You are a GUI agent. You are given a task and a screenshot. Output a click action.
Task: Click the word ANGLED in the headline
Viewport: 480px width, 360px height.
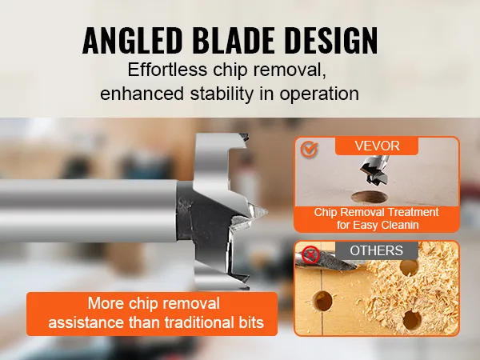click(x=133, y=41)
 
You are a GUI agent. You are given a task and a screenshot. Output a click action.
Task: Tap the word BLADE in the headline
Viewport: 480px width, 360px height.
click(x=234, y=41)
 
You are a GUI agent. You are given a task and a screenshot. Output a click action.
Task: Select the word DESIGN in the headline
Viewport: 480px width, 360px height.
click(x=331, y=41)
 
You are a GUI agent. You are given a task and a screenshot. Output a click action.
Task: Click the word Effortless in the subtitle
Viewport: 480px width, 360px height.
click(x=167, y=70)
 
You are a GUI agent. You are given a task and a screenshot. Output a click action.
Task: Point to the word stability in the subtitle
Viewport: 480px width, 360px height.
click(x=222, y=94)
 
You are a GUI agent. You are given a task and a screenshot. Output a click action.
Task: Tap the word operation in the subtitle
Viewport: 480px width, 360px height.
click(x=319, y=94)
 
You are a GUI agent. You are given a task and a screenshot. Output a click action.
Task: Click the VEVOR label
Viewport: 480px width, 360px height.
click(x=377, y=146)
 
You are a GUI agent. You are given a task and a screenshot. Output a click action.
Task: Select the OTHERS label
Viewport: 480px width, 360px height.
click(x=376, y=250)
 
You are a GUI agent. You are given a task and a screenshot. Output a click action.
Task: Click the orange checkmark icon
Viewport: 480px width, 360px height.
click(x=309, y=149)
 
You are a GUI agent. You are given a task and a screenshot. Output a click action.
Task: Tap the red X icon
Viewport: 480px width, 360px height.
click(x=310, y=254)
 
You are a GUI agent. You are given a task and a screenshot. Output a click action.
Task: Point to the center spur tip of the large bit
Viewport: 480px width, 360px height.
click(x=267, y=211)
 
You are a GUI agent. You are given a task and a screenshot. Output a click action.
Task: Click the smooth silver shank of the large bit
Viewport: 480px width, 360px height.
click(x=88, y=210)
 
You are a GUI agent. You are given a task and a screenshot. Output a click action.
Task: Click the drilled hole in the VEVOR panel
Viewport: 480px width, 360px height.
click(x=370, y=197)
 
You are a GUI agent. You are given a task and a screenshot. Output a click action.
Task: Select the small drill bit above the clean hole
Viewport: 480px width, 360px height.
click(x=374, y=170)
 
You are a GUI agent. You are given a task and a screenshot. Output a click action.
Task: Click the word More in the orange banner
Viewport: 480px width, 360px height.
click(x=106, y=303)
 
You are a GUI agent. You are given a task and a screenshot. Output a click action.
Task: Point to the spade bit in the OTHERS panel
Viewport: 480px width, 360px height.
click(x=330, y=260)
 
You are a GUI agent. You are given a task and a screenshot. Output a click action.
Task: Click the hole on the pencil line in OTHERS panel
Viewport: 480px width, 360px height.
click(x=323, y=301)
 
